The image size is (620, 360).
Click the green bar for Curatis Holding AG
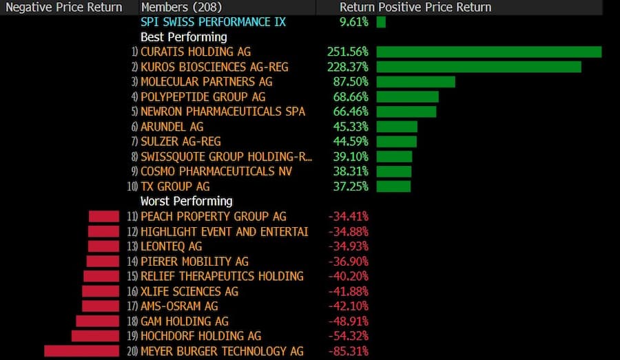[488, 52]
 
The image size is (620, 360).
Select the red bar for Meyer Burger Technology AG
[82, 351]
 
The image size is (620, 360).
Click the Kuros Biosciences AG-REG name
[214, 67]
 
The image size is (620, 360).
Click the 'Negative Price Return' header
[64, 8]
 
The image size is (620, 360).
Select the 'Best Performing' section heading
[183, 37]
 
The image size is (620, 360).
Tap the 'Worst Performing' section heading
[186, 202]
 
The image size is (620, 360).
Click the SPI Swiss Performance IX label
[213, 22]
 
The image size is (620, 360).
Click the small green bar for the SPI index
[381, 22]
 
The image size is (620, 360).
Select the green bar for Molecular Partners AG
[415, 82]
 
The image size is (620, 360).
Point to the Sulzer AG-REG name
[172, 142]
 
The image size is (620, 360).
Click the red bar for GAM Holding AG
[97, 321]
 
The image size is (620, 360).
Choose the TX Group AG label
[175, 187]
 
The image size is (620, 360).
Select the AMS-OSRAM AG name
[179, 306]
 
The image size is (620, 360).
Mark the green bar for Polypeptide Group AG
[407, 97]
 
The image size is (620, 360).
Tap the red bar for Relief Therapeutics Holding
[101, 276]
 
